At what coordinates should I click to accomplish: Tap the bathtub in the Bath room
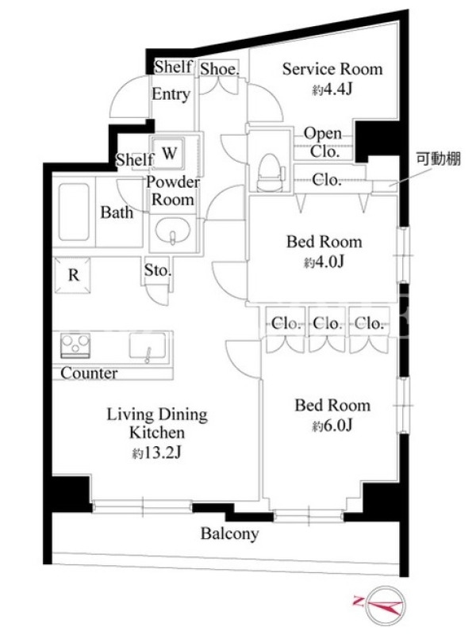pos(74,212)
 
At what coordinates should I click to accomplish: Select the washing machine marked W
pos(169,153)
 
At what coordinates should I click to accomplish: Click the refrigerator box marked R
pos(73,275)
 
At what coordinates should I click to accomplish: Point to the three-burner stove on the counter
pos(75,346)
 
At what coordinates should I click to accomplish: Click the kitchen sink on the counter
pos(148,346)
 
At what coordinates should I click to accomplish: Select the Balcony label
pos(229,533)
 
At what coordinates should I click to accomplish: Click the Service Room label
pos(332,69)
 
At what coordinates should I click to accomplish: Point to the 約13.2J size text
pos(156,453)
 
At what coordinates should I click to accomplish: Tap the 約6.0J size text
pos(332,425)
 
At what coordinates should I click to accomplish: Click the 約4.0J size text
pos(324,262)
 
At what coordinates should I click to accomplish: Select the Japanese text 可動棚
pos(439,158)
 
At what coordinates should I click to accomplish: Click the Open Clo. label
pos(324,142)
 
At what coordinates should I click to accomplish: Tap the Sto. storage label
pos(157,270)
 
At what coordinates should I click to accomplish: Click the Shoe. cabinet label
pos(220,69)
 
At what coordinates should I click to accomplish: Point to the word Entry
pos(171,94)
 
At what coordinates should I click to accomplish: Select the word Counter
pos(89,372)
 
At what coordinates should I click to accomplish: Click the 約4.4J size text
pos(332,89)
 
